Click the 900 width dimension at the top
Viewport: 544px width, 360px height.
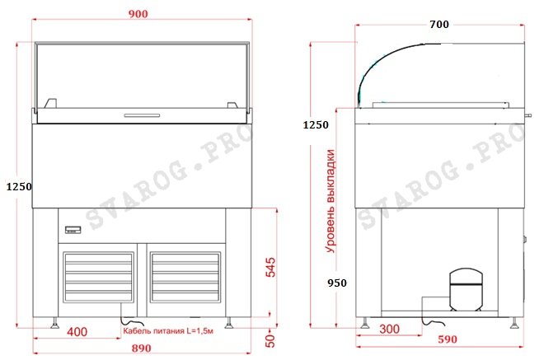click(138, 14)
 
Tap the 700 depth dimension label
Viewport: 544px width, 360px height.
click(438, 24)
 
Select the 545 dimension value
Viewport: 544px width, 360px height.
click(270, 267)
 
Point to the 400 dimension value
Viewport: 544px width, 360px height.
click(77, 332)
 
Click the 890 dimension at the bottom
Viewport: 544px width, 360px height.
click(142, 348)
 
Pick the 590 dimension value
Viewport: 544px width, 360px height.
click(448, 339)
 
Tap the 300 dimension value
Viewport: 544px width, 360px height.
click(389, 329)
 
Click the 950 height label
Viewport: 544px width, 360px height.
click(337, 283)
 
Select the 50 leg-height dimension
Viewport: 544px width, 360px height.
click(270, 341)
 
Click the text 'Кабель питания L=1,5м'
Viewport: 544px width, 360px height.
click(168, 331)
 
